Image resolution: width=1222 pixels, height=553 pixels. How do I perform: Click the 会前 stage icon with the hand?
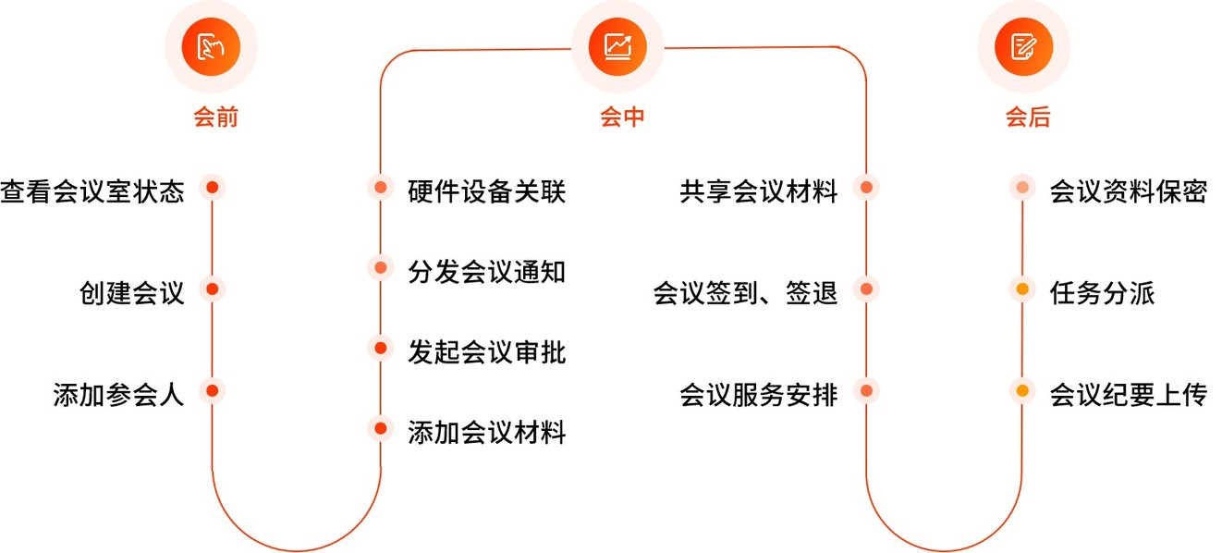[211, 46]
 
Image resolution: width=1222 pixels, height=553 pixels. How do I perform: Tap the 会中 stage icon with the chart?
[617, 46]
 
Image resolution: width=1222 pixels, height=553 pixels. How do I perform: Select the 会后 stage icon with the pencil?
[1024, 46]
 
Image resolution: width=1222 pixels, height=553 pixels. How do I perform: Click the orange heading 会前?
[216, 117]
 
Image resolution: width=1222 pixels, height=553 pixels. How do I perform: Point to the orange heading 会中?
[622, 117]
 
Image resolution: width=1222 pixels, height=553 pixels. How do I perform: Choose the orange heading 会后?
[1028, 117]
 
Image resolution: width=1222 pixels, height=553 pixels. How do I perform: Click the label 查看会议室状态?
[92, 191]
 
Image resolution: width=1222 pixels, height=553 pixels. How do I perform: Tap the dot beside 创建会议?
[213, 289]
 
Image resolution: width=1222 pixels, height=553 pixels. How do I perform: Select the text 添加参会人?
[118, 395]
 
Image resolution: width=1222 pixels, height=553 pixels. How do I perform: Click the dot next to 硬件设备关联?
[381, 187]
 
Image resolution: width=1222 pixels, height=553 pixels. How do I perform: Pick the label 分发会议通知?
[486, 272]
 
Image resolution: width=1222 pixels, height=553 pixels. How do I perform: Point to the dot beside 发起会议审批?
[381, 348]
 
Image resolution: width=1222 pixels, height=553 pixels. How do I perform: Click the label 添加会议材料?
[486, 433]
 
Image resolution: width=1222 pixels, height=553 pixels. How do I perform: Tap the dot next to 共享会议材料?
[866, 187]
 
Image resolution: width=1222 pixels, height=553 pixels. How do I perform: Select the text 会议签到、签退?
[745, 293]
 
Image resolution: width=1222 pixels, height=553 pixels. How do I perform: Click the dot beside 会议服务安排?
[866, 390]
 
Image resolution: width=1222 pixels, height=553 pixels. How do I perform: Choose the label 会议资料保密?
[1128, 191]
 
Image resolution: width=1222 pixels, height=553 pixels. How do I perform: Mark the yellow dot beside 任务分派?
[1022, 289]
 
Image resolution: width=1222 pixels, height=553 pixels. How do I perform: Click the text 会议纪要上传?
[1128, 395]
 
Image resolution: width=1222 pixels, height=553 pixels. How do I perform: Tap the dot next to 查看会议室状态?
[213, 187]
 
